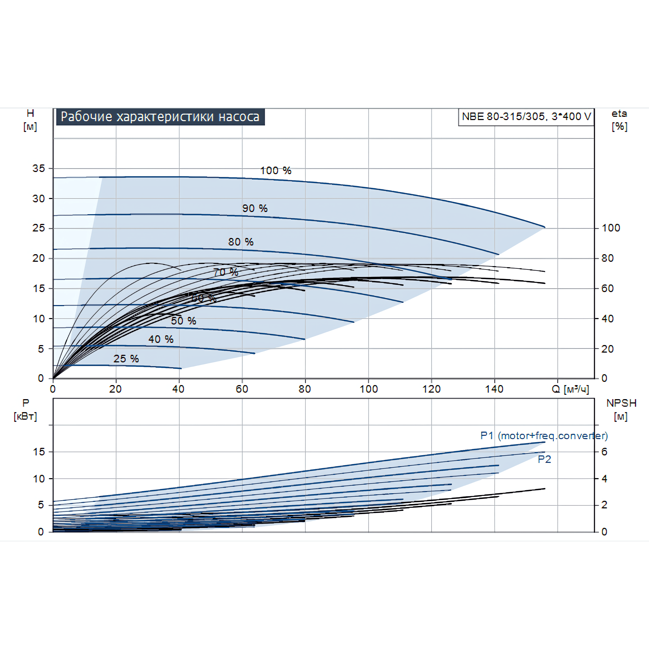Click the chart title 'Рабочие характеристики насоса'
pos(160,117)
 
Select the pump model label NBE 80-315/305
pos(526,117)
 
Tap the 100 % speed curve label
pos(276,170)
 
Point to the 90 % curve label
pos(255,208)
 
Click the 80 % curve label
pos(240,242)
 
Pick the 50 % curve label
pos(183,321)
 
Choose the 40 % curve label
pos(161,339)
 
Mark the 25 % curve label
pos(126,359)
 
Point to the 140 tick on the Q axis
pos(494,389)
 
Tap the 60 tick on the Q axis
pos(242,389)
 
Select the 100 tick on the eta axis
pos(611,228)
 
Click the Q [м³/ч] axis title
pos(570,389)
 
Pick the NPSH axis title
pos(621,403)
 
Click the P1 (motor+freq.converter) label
pos(544,436)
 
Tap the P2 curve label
pos(544,459)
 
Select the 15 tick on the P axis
pos(39,452)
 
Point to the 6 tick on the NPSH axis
pos(604,452)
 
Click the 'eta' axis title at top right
pos(619,114)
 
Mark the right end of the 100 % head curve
pos(545,227)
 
